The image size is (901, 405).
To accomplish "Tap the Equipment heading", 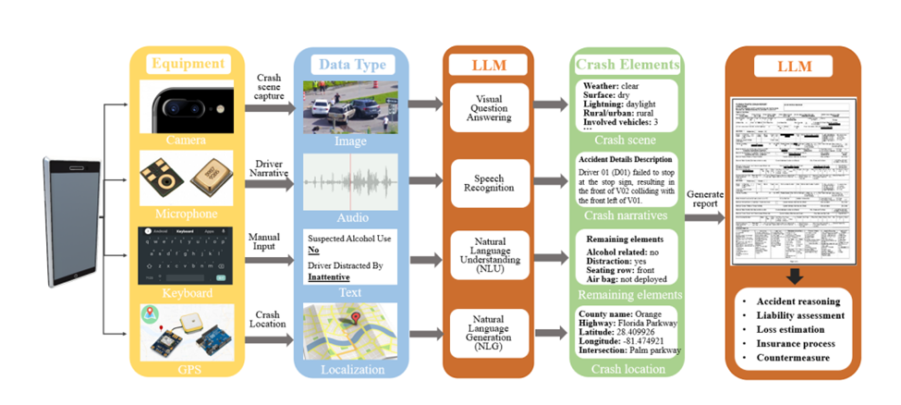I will coord(189,64).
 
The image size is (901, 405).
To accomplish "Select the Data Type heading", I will coord(353,64).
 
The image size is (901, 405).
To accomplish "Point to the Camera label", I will coord(188,141).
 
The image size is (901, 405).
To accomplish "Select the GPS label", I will coord(188,369).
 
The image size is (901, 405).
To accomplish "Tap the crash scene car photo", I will coord(351,106).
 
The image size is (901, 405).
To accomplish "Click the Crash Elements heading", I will coord(628,64).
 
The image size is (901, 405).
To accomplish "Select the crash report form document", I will coord(793,180).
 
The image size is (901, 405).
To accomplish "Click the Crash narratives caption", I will coord(627,215).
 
